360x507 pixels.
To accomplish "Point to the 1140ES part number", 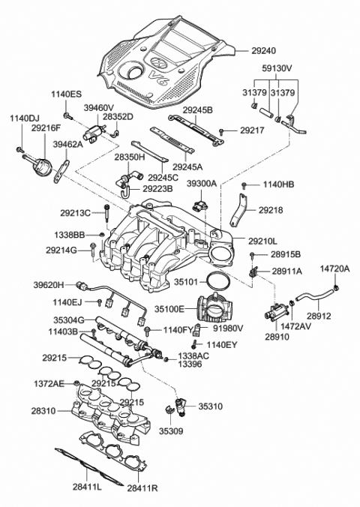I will click(x=65, y=94).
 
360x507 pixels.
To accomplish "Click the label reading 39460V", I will click(x=97, y=107).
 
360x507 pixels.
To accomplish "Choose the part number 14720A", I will click(x=335, y=268).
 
